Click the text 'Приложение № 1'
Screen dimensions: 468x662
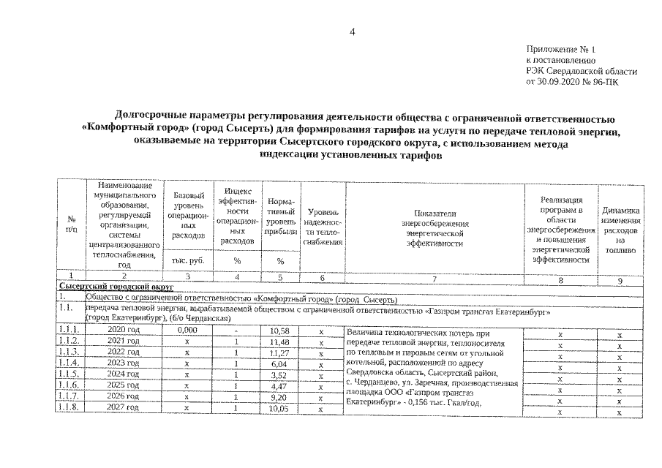click(x=560, y=48)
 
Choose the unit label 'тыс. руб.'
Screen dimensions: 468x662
click(x=187, y=260)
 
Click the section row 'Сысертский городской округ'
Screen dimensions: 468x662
click(x=110, y=287)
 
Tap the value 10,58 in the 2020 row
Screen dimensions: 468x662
click(x=280, y=333)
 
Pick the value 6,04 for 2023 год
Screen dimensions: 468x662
click(x=280, y=363)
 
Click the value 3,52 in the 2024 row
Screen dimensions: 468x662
click(x=280, y=374)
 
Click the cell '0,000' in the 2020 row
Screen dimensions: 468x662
click(x=188, y=333)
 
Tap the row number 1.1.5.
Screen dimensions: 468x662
click(x=71, y=374)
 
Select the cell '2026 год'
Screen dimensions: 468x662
click(x=123, y=396)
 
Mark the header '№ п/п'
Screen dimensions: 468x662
click(x=72, y=224)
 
